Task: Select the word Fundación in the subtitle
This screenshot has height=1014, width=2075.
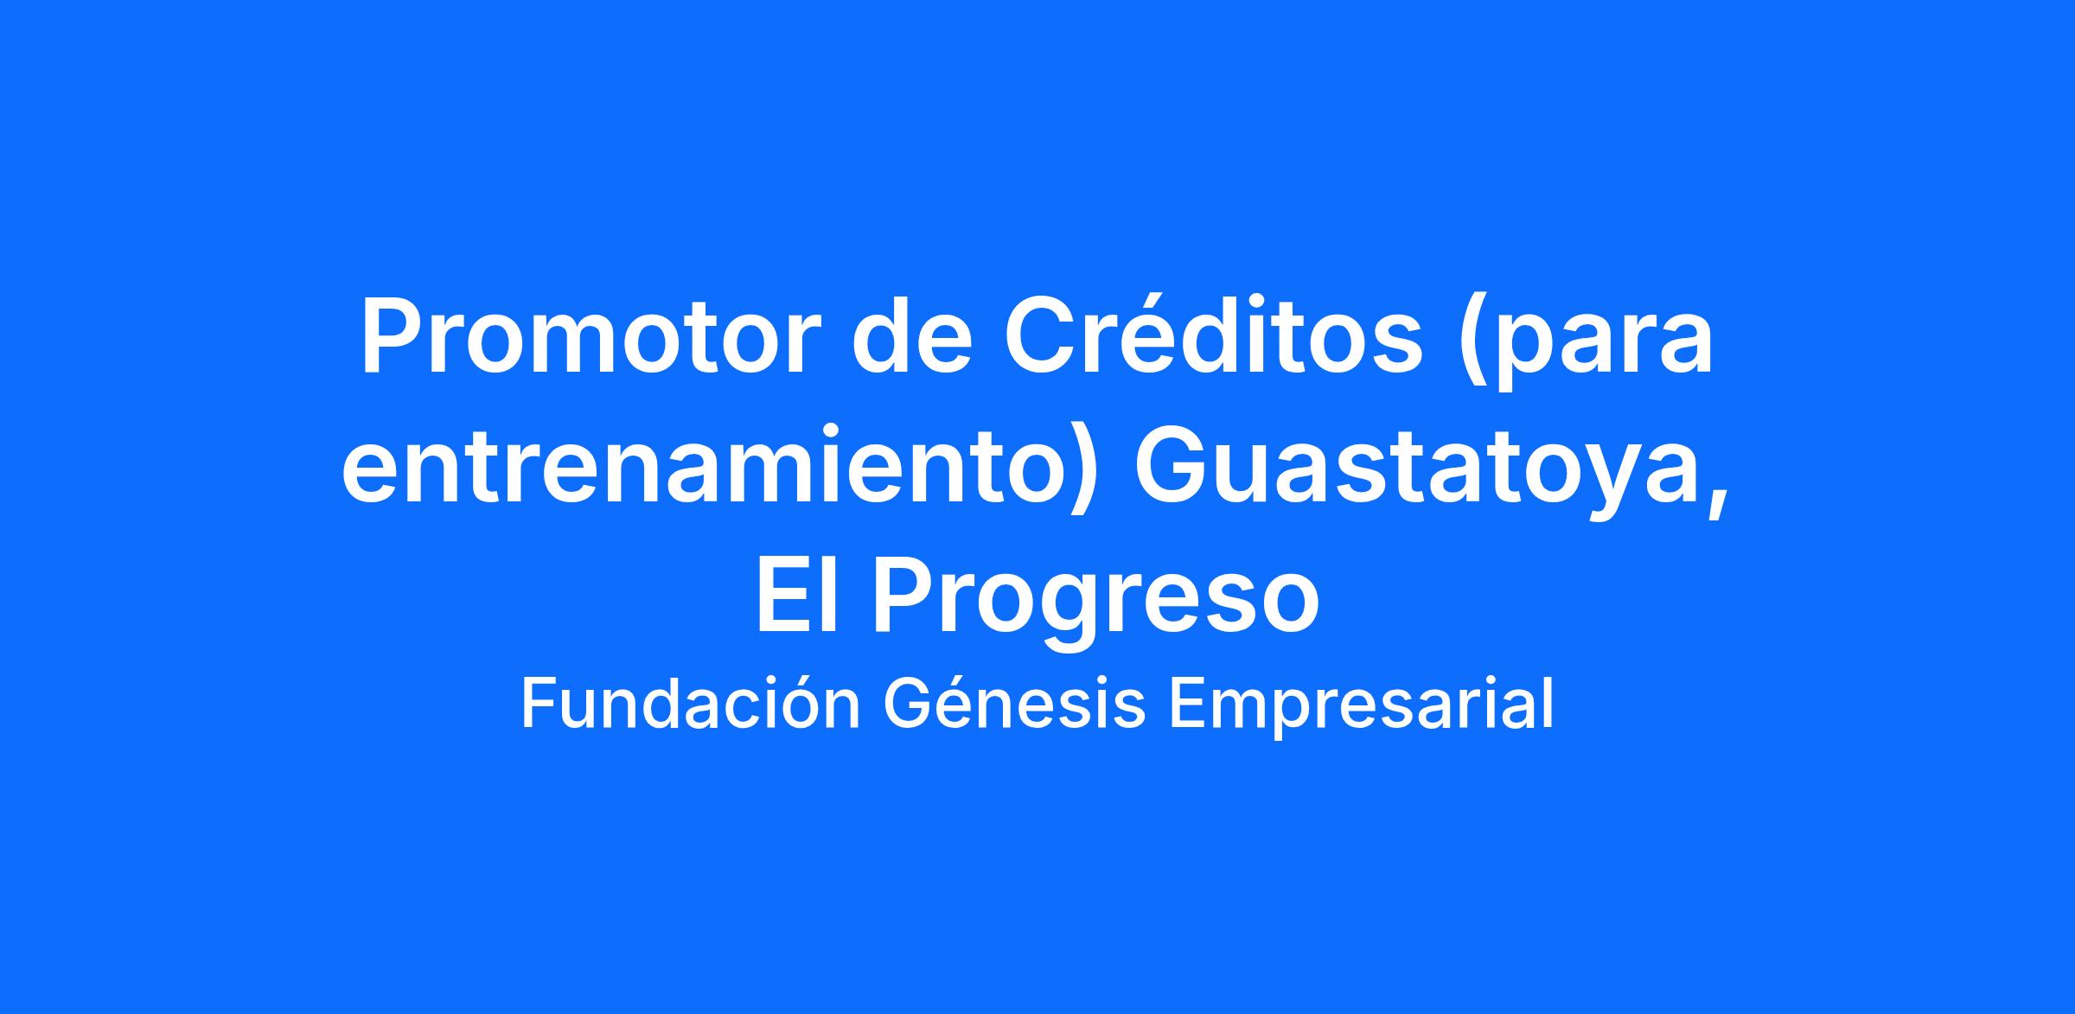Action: click(x=690, y=704)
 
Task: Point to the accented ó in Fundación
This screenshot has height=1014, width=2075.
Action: click(x=800, y=704)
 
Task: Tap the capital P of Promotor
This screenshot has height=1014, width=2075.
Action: click(x=394, y=336)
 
